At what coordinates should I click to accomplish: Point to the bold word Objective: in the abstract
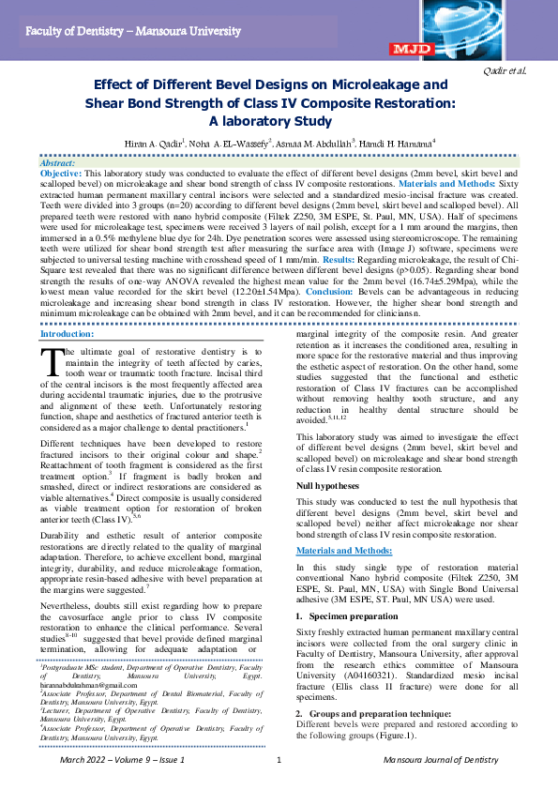click(62, 174)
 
